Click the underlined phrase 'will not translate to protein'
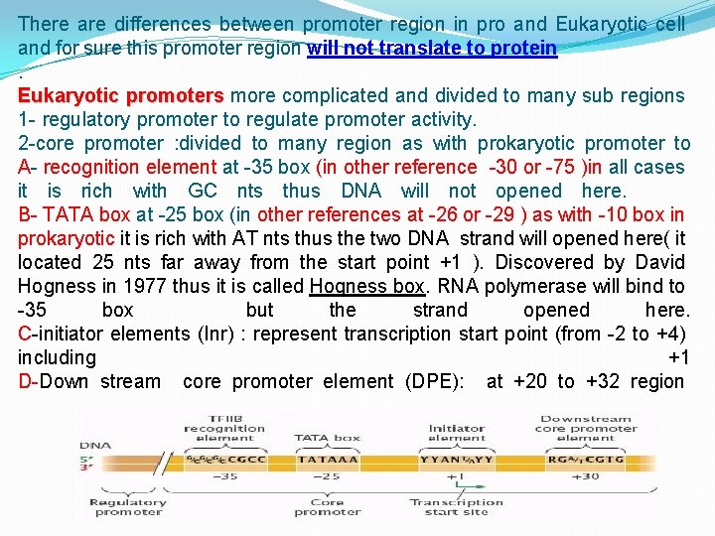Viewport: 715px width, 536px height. point(432,48)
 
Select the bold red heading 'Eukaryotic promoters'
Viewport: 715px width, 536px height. point(121,95)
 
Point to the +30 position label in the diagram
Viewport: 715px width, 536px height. point(585,476)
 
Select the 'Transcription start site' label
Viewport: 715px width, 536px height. point(456,506)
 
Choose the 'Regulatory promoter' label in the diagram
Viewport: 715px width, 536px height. point(127,506)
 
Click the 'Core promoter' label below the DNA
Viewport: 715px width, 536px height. point(327,506)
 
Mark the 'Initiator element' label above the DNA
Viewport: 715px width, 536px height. point(456,432)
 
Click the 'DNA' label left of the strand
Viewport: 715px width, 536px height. point(93,446)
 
